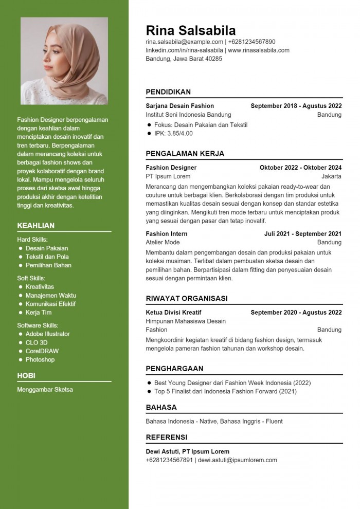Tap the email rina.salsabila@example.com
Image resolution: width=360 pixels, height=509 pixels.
[184, 42]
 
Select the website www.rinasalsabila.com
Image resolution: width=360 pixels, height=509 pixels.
[259, 50]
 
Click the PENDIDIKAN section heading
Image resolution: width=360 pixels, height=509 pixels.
[168, 92]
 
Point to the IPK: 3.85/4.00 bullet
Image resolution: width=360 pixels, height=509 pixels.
[173, 133]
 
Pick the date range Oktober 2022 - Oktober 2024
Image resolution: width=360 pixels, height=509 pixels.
[300, 168]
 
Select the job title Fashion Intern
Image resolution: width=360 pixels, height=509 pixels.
[167, 234]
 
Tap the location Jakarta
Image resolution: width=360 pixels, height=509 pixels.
[331, 176]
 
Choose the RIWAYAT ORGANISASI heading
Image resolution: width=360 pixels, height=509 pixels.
[187, 298]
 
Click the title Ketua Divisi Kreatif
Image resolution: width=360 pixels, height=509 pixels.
[173, 313]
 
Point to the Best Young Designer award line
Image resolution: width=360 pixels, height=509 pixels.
[232, 383]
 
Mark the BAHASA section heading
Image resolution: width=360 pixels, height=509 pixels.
[161, 407]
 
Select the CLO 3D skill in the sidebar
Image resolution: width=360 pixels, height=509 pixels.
[37, 342]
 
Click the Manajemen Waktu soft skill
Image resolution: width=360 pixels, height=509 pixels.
[51, 295]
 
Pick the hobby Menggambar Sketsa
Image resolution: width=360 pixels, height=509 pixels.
[45, 389]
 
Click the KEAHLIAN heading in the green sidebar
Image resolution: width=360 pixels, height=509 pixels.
[35, 226]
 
